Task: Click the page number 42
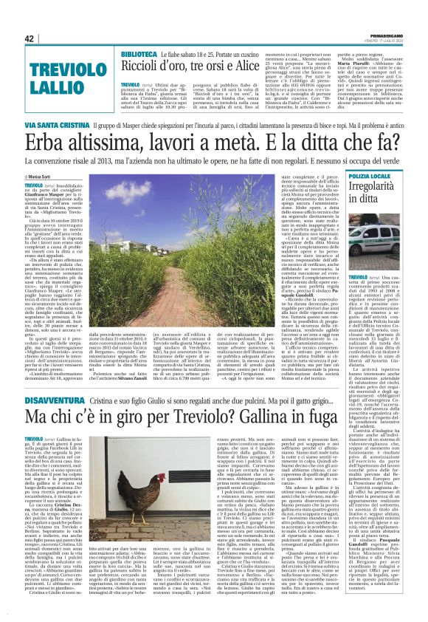point(30,38)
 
